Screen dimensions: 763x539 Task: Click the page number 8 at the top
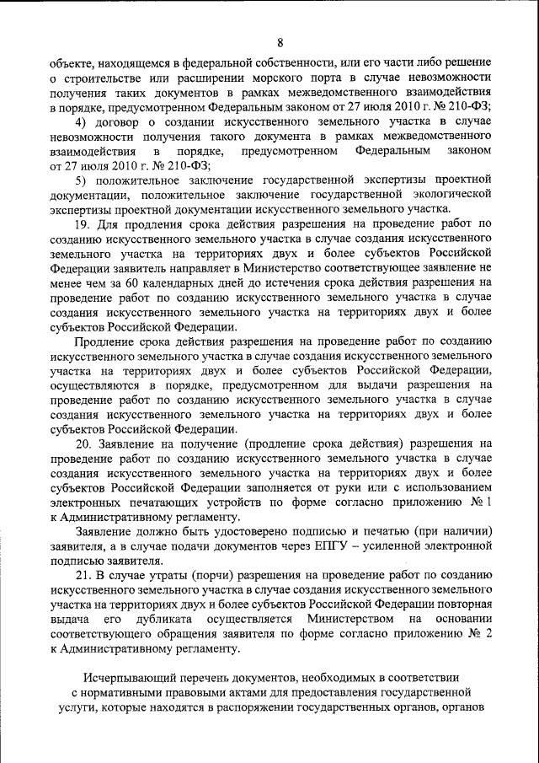point(280,43)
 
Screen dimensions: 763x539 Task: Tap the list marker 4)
point(81,122)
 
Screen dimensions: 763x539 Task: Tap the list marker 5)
point(81,180)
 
